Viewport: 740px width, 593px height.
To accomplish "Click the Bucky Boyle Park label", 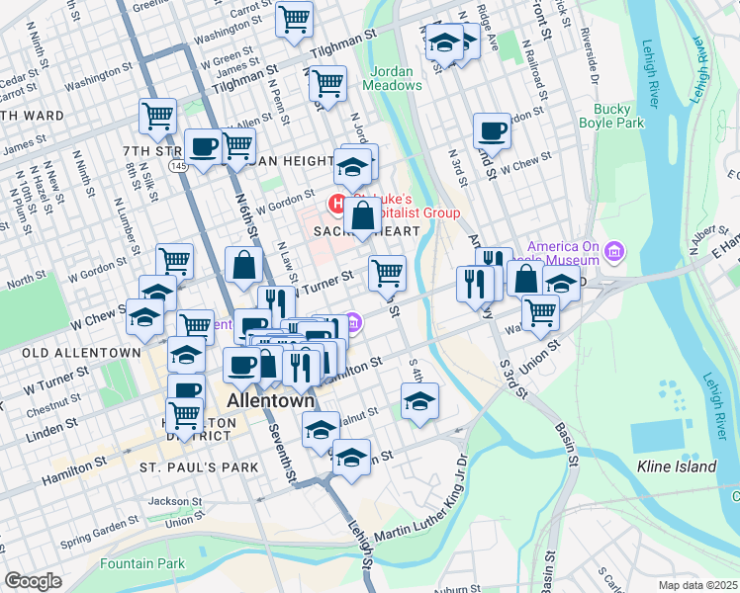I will click(x=618, y=116).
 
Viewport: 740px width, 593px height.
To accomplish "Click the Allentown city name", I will click(x=270, y=401).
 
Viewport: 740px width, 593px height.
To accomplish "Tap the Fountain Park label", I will click(x=142, y=564).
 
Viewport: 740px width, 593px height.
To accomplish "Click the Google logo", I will click(x=33, y=581).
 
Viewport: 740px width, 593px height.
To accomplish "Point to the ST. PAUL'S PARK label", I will click(x=198, y=466).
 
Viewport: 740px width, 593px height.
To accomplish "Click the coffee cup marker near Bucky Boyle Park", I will click(x=492, y=130).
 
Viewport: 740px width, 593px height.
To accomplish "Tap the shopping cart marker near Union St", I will click(x=540, y=311).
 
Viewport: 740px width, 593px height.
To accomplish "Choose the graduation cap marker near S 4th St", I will click(x=419, y=400).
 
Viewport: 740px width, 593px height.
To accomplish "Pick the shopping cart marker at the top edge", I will click(x=294, y=18).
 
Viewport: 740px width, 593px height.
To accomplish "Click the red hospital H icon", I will click(x=336, y=205).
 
